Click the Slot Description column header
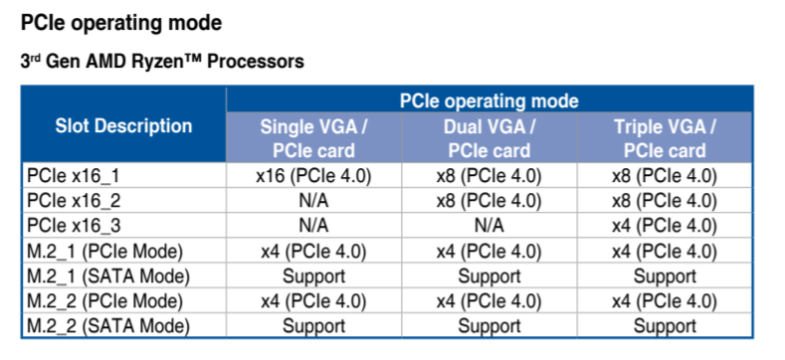coord(123,125)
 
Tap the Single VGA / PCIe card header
coord(313,138)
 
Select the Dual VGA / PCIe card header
coord(490,138)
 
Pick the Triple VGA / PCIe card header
coord(665,138)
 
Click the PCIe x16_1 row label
coord(74,176)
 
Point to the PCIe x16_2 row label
coord(74,201)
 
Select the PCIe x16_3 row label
coord(74,227)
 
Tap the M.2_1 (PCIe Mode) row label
coord(104,252)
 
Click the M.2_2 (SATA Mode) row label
coord(108,326)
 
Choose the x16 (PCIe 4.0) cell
coord(313,176)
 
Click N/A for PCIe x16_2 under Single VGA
coord(313,201)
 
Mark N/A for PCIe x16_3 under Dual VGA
coord(490,227)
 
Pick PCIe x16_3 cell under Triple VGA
coord(665,227)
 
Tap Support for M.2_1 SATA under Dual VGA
coord(490,276)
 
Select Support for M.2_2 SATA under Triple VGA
coord(665,326)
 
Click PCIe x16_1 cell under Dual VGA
coord(490,176)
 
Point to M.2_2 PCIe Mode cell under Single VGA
coord(313,301)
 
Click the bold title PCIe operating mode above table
coord(121,24)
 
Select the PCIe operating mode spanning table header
coord(490,101)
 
